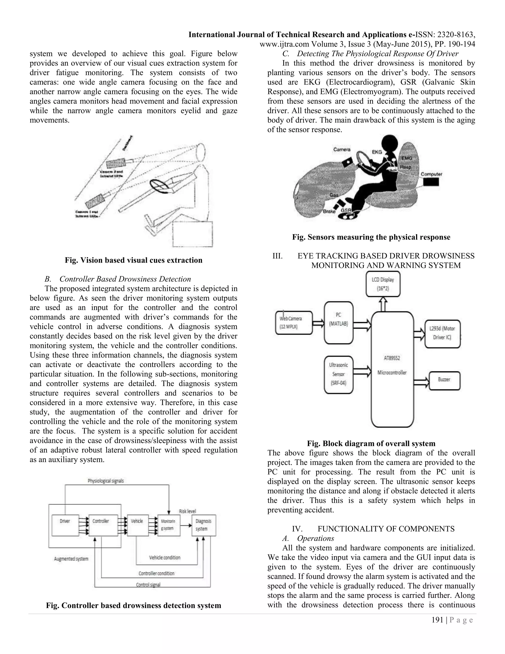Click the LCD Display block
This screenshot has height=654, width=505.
pos(383,284)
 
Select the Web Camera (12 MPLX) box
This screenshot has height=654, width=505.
pos(293,323)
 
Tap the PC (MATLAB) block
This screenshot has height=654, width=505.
pos(338,323)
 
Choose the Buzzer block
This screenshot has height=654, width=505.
pos(444,380)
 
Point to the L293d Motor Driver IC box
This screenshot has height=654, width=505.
pos(442,334)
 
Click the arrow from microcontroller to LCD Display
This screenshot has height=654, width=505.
pos(383,304)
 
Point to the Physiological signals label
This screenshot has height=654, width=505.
pos(106,481)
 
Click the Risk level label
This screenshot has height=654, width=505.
pos(187,511)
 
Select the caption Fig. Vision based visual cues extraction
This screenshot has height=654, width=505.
pos(133,260)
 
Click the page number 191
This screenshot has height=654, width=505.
pos(437,620)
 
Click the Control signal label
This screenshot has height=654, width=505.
pos(148,585)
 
